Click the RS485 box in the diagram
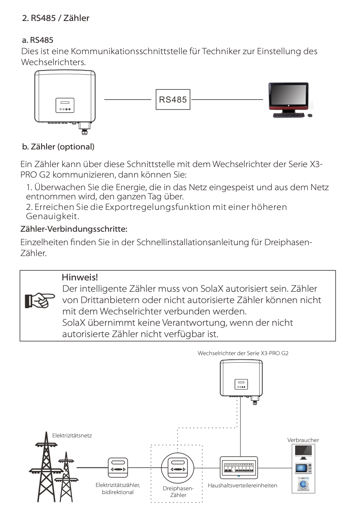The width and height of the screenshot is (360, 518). click(173, 99)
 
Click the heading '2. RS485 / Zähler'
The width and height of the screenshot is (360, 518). click(55, 18)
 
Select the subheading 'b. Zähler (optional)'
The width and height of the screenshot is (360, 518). click(58, 147)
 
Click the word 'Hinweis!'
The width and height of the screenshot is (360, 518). click(80, 278)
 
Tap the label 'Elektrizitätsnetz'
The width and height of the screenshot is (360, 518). click(72, 435)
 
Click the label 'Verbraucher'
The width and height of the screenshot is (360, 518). click(303, 440)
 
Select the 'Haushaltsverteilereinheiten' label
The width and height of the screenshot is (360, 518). click(243, 485)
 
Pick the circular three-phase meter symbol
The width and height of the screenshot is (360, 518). click(176, 467)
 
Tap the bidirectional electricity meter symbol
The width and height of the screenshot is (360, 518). click(118, 467)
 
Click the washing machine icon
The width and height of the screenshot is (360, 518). click(303, 484)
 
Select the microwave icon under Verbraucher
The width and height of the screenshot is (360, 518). click(303, 468)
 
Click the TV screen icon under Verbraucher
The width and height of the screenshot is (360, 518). click(303, 452)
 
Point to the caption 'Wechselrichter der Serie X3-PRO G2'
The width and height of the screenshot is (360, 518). click(243, 353)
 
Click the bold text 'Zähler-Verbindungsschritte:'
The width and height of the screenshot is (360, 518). click(74, 230)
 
